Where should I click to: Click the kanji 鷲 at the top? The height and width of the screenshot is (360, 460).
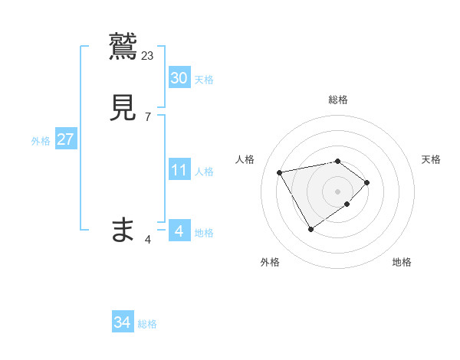(x=123, y=45)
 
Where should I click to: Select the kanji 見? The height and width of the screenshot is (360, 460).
(x=123, y=107)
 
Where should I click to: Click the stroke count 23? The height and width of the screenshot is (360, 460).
(x=148, y=55)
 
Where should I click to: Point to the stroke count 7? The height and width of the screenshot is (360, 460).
(x=148, y=117)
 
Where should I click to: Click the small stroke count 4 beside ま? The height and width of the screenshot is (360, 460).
(x=148, y=240)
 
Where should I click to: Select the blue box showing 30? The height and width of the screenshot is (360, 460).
(x=179, y=78)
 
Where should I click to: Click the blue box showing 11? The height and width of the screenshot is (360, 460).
(x=179, y=170)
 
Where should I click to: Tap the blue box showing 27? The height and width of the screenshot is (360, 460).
(x=65, y=139)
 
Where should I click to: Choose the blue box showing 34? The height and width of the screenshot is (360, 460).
(x=122, y=323)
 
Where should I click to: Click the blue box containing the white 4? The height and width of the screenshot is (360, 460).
(x=179, y=231)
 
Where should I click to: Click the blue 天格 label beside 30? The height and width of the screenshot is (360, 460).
(x=204, y=80)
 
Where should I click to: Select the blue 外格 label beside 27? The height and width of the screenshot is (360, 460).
(x=41, y=141)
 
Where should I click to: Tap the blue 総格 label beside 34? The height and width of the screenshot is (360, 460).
(x=147, y=325)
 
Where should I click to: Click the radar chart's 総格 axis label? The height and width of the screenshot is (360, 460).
(x=338, y=100)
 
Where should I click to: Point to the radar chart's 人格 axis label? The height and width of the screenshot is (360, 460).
(x=245, y=159)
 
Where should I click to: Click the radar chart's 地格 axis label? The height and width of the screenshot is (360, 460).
(x=402, y=262)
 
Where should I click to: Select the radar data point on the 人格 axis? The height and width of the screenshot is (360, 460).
(x=280, y=172)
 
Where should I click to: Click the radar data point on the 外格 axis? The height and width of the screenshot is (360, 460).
(x=311, y=229)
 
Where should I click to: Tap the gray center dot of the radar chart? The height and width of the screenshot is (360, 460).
(x=338, y=191)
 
